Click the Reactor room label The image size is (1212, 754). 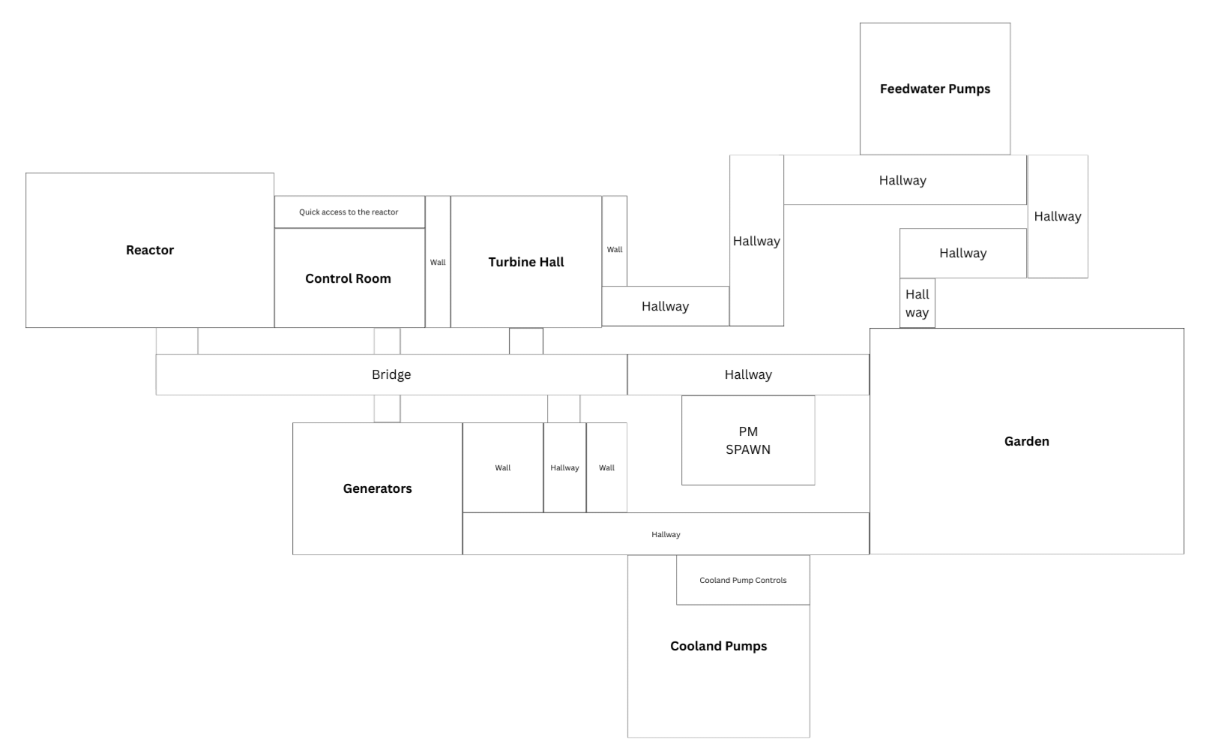(x=150, y=251)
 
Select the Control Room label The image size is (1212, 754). (x=348, y=278)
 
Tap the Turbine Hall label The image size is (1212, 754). (x=526, y=262)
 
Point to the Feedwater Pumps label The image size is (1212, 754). (x=935, y=89)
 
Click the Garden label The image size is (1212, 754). (x=1026, y=441)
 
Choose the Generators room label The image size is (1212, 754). (x=377, y=488)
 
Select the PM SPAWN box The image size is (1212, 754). (x=748, y=440)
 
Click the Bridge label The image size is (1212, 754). (x=391, y=375)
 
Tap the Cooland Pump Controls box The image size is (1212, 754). (x=743, y=580)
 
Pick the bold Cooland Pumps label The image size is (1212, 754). (x=719, y=646)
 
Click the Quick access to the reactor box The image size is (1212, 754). (x=349, y=212)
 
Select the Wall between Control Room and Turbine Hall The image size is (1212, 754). (x=438, y=262)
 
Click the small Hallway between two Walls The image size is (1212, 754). (x=565, y=467)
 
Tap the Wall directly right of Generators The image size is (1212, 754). (x=503, y=467)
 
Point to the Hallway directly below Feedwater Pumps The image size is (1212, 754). (x=905, y=180)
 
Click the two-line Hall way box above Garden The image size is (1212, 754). (x=917, y=303)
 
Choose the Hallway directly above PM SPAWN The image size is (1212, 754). (x=748, y=375)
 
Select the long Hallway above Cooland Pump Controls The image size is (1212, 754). (x=666, y=534)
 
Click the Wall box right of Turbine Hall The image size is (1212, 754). (x=615, y=241)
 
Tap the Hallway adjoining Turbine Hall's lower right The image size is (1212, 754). (x=666, y=306)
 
